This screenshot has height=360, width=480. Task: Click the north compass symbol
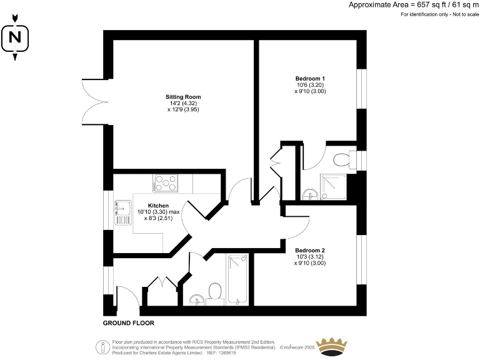click(15, 39)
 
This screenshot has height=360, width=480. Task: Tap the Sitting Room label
click(183, 97)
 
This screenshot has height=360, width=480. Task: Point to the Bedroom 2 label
click(310, 250)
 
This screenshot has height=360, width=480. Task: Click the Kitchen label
click(158, 206)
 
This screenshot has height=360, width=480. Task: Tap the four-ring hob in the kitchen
click(166, 184)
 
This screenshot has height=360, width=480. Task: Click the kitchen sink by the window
click(122, 212)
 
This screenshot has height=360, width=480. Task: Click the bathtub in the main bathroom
click(238, 280)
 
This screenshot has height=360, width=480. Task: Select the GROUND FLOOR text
click(128, 323)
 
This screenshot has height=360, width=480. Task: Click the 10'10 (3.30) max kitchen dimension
click(158, 212)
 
